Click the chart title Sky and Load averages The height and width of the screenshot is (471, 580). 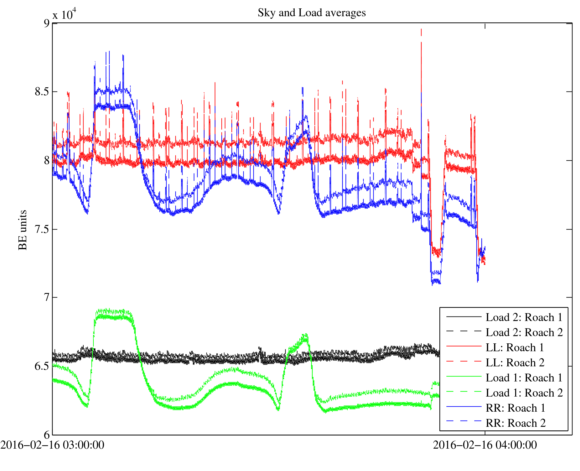pos(311,13)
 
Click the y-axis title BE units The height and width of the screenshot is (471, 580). pos(23,230)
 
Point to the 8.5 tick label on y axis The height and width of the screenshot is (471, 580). pos(42,92)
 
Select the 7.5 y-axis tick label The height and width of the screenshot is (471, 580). pos(42,229)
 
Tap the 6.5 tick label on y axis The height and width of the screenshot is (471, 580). pos(42,366)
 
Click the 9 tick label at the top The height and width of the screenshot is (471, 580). pos(47,23)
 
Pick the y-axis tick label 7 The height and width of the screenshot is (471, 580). pos(47,297)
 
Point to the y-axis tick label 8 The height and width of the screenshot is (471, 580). pos(47,160)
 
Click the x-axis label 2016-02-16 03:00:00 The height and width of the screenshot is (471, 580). pos(52,445)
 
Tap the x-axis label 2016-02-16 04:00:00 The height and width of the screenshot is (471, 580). pos(485,445)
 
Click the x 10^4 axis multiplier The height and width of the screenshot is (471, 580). pos(64,14)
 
